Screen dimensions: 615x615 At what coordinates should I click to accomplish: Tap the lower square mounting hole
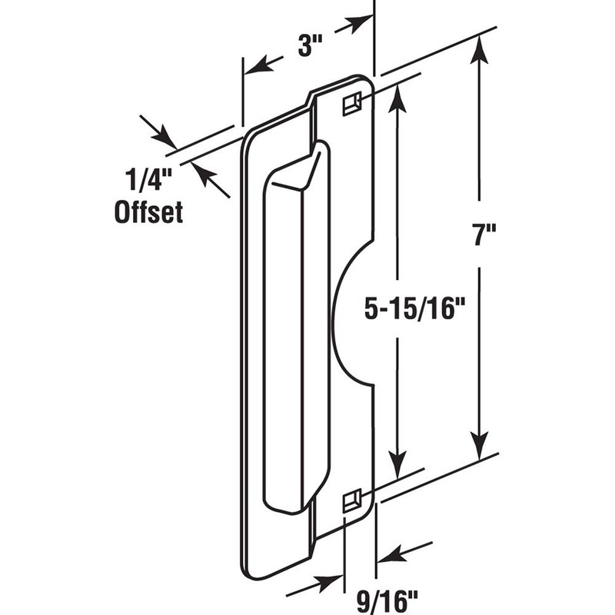click(x=351, y=500)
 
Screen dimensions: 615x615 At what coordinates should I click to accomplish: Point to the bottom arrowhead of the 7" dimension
click(x=479, y=444)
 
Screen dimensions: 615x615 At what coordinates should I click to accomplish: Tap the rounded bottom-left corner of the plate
click(x=248, y=569)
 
